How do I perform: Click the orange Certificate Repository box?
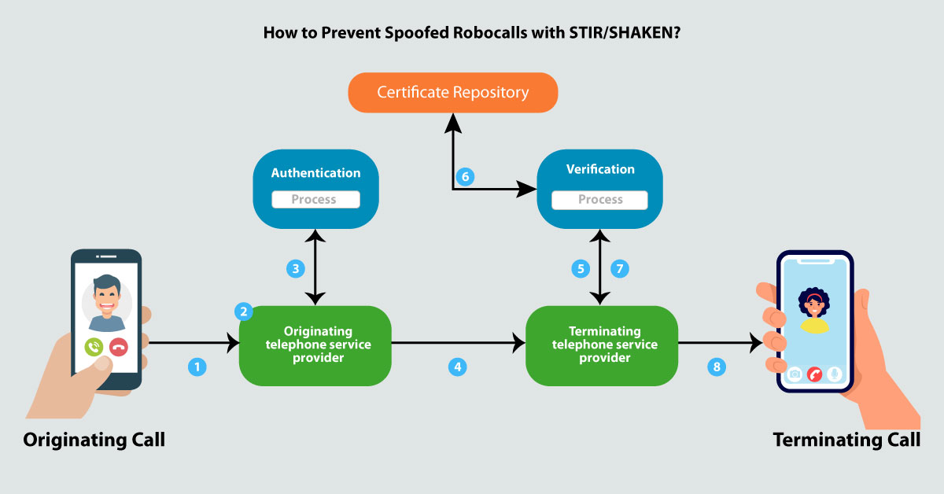tap(452, 92)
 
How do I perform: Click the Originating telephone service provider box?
tap(315, 345)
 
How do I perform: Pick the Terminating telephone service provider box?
tap(602, 345)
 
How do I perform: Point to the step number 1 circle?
tap(197, 366)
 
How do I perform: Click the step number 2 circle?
tap(245, 312)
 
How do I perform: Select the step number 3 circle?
tap(295, 269)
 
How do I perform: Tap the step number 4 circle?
tap(457, 366)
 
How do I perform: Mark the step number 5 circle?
tap(581, 269)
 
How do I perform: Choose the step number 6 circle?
tap(465, 177)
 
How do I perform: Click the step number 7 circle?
tap(620, 269)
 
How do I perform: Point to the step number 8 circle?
tap(716, 366)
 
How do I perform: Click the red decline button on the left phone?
tap(119, 346)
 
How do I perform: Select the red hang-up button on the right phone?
tap(815, 374)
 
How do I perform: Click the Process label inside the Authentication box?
tap(315, 200)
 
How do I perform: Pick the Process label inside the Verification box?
tap(599, 200)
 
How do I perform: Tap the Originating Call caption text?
tap(94, 440)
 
